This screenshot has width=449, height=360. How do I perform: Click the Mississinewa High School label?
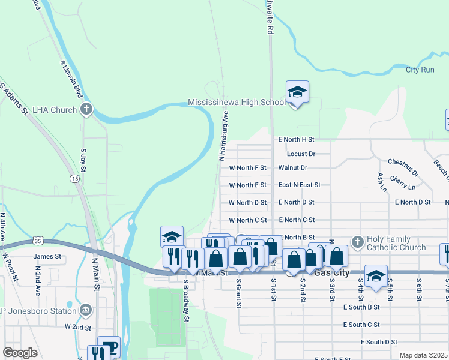(x=237, y=103)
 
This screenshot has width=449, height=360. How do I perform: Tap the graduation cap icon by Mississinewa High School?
(x=297, y=92)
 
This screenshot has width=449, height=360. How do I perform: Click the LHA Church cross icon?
(x=86, y=109)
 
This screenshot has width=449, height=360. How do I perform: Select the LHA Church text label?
(x=55, y=110)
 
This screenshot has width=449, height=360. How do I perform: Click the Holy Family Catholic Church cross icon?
(x=358, y=242)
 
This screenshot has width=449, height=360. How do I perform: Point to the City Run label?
(x=420, y=70)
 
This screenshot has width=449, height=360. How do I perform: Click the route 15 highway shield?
(x=74, y=179)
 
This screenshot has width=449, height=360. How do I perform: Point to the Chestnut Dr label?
(x=402, y=167)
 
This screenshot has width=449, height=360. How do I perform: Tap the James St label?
(x=48, y=256)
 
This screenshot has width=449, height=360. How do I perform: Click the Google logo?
(x=20, y=353)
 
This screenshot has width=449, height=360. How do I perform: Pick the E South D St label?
(x=379, y=342)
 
